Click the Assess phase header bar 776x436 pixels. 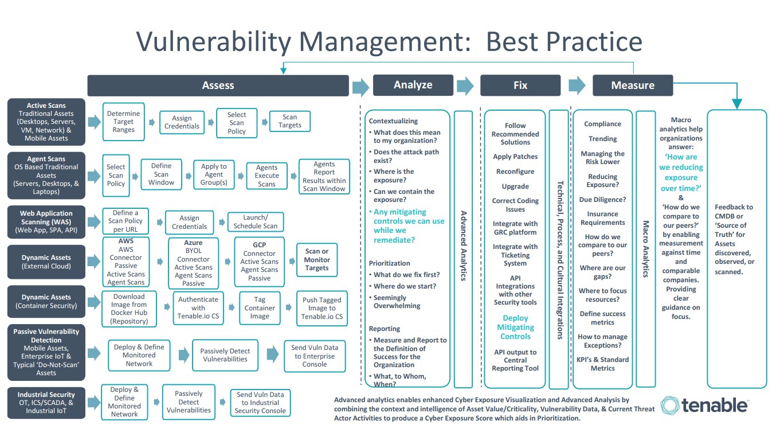pos(218,85)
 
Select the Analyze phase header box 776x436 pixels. pos(413,85)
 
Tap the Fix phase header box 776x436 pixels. pos(520,85)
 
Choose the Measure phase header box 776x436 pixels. pos(633,85)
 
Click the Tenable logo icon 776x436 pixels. pos(669,405)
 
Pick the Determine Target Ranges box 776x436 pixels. pos(123,122)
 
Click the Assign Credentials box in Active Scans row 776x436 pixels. pos(182,122)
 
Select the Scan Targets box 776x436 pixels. pos(289,121)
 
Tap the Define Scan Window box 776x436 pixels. pos(161,174)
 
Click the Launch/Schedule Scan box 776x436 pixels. pos(255,222)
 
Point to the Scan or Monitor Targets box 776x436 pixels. pos(317,260)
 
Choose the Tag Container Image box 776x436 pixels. pos(260,308)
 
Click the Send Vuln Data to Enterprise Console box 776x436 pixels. pos(315,356)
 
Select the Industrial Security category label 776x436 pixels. pos(46,403)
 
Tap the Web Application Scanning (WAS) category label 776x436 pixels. pos(46,222)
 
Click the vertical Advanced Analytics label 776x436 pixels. pos(463,246)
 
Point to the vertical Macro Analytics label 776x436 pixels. pos(645,249)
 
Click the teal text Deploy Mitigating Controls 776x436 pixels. pos(515,327)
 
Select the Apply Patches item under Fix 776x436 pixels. pos(515,157)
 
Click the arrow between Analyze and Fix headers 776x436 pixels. pos(465,85)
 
